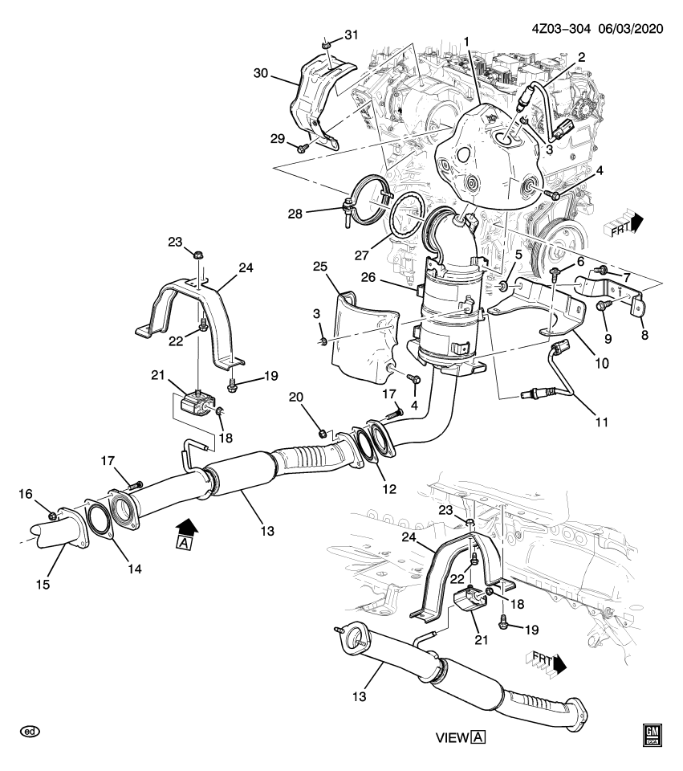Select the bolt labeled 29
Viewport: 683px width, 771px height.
[x=301, y=148]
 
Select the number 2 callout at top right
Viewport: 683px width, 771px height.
[x=581, y=58]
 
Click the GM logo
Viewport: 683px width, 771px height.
[x=651, y=734]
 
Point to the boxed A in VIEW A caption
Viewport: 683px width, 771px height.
[x=478, y=737]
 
